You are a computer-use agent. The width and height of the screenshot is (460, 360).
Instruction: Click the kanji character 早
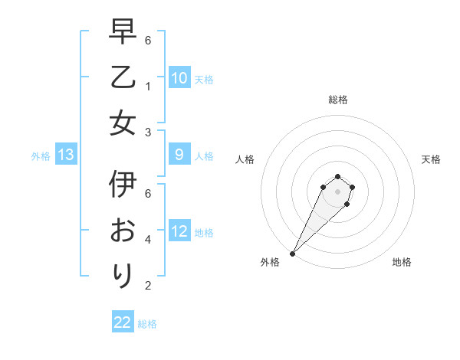(x=123, y=32)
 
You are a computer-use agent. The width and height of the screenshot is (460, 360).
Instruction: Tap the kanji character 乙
(x=123, y=77)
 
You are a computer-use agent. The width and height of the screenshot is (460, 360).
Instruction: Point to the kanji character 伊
(x=123, y=185)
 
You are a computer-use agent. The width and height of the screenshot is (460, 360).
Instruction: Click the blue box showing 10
(x=179, y=78)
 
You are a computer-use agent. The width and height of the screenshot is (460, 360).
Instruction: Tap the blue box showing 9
(x=179, y=155)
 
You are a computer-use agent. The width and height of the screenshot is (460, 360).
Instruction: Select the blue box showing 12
(x=179, y=231)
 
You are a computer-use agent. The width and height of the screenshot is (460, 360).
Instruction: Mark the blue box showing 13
(x=66, y=155)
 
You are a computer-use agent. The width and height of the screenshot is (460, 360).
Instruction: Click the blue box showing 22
(x=123, y=322)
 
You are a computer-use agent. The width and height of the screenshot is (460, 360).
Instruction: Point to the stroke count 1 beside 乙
(x=148, y=85)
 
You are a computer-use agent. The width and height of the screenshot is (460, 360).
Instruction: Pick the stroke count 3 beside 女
(x=148, y=132)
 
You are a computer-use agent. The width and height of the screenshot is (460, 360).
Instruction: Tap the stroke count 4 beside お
(x=148, y=240)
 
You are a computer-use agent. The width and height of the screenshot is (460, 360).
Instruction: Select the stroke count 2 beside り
(x=148, y=286)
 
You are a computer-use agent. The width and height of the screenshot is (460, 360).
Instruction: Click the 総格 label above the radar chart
(x=337, y=100)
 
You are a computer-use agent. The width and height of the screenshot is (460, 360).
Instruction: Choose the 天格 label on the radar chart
(x=431, y=159)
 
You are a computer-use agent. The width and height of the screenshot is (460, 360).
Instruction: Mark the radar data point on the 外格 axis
(x=293, y=253)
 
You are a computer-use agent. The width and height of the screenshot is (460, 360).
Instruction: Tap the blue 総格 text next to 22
(x=147, y=324)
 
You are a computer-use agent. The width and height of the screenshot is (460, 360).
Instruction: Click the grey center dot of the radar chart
(x=337, y=191)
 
